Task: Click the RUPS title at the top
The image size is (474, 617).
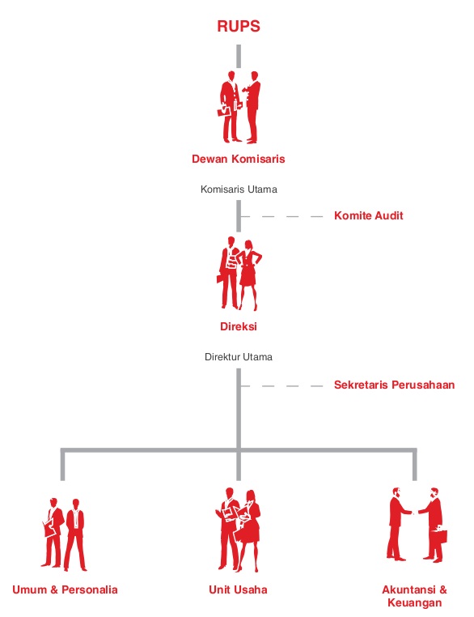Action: (x=239, y=27)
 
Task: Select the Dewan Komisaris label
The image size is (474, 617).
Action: (x=238, y=159)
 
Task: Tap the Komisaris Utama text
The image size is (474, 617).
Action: (x=239, y=189)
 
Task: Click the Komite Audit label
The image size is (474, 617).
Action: (x=368, y=215)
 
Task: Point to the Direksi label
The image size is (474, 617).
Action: (x=238, y=326)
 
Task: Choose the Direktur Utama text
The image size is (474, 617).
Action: (x=239, y=357)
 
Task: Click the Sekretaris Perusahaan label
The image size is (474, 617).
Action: (x=394, y=385)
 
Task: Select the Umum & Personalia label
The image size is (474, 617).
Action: (x=65, y=589)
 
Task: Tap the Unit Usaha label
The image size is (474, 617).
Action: (x=238, y=589)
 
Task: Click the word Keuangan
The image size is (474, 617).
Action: (x=414, y=603)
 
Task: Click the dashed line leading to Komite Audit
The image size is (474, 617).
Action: (x=281, y=216)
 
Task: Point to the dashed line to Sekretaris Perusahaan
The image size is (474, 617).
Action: (x=281, y=386)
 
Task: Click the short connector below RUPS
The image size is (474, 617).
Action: (x=239, y=56)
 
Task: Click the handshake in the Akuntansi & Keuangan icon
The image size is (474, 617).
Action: (x=415, y=513)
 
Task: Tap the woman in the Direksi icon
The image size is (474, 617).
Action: (x=248, y=274)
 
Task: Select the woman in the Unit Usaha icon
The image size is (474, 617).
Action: (x=248, y=530)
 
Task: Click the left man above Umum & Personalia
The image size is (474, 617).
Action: (x=53, y=533)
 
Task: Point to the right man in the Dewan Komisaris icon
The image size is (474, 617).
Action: (x=252, y=107)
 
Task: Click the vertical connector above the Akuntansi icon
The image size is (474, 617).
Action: (x=415, y=466)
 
